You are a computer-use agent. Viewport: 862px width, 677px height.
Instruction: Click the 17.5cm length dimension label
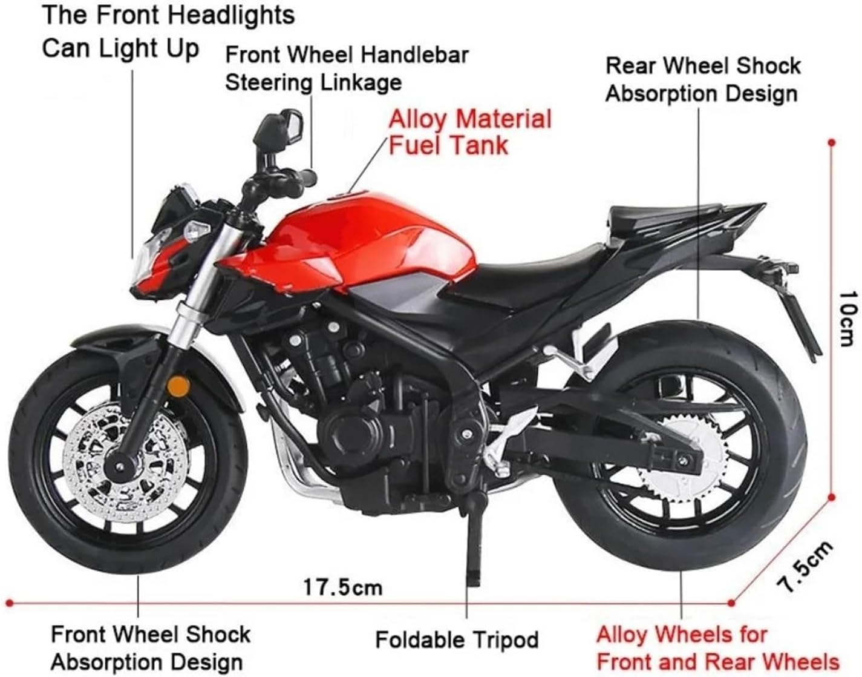coord(342,587)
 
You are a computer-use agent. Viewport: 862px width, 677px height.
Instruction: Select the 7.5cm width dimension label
coord(804,566)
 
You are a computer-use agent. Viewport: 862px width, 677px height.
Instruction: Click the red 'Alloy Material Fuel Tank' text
coord(469,131)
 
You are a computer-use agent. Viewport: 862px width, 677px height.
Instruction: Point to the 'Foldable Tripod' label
coord(457,639)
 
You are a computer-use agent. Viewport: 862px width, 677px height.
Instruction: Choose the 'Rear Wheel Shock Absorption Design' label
coord(702,79)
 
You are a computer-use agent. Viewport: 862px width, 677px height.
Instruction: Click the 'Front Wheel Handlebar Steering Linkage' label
coord(347,68)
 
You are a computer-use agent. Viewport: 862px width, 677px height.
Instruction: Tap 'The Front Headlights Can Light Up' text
coord(168,31)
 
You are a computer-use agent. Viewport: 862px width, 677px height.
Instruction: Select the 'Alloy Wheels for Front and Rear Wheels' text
coord(717,648)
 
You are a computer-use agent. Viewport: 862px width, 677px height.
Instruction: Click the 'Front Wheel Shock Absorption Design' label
coord(150,648)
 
